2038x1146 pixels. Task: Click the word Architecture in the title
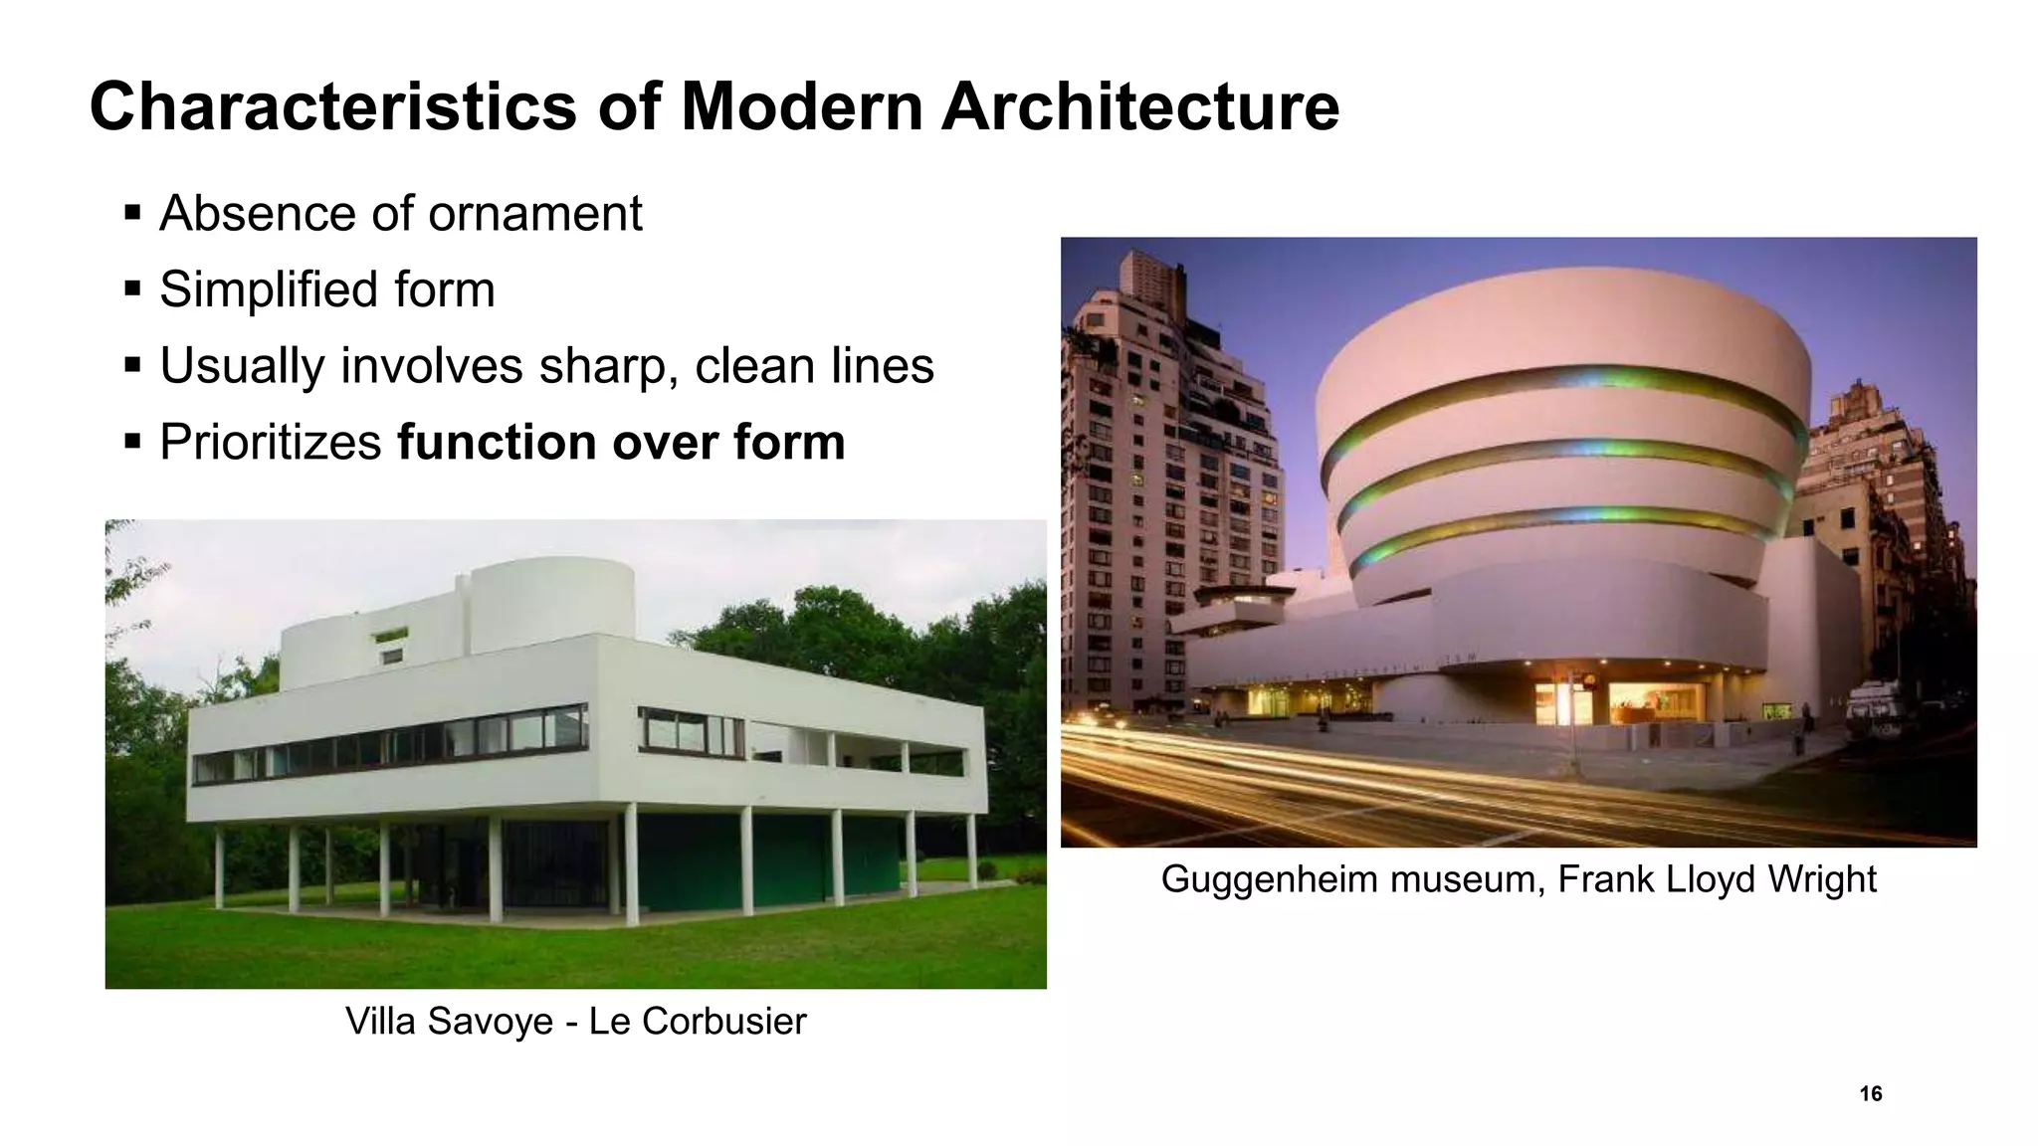pyautogui.click(x=1139, y=106)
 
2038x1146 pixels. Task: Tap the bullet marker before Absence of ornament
pyautogui.click(x=132, y=213)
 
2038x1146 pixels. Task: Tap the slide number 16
pyautogui.click(x=1870, y=1094)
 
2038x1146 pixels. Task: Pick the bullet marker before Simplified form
pyautogui.click(x=132, y=289)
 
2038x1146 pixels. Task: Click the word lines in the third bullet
pyautogui.click(x=883, y=366)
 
